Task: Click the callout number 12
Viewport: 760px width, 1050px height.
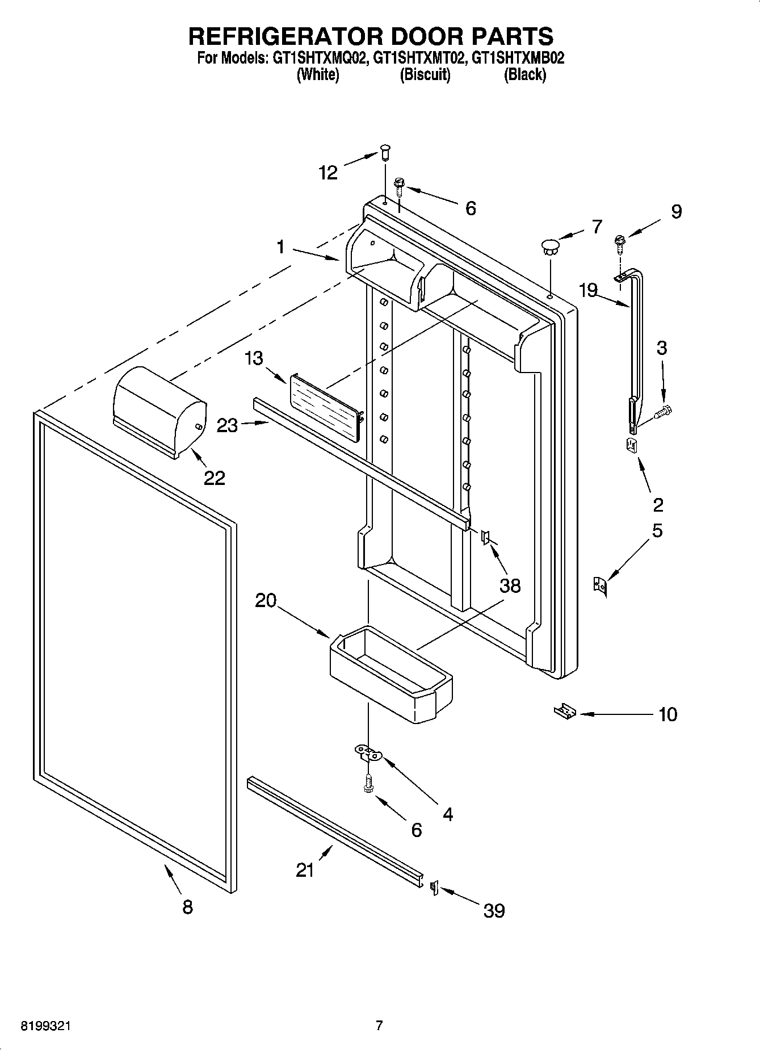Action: (x=329, y=173)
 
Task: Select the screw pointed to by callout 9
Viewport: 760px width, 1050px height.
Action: (x=620, y=245)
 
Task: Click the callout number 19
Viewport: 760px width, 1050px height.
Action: (x=588, y=290)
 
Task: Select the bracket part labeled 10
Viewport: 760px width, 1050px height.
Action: (x=565, y=710)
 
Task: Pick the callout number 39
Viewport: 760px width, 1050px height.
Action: (x=494, y=910)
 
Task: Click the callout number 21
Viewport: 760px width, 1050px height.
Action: (x=305, y=869)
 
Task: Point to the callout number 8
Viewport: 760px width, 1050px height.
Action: (x=188, y=906)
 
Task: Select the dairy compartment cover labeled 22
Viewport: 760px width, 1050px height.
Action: (x=159, y=411)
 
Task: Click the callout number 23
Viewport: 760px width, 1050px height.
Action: (x=228, y=425)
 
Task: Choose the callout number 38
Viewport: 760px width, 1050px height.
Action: (x=510, y=585)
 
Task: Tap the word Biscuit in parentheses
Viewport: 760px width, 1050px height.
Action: (x=425, y=74)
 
